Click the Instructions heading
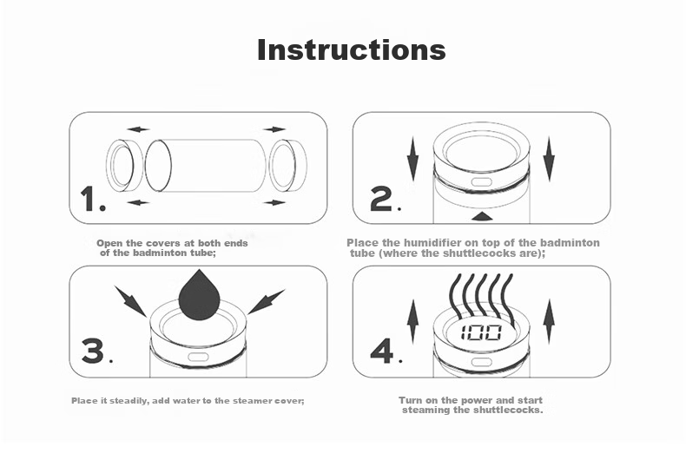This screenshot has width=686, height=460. (x=352, y=49)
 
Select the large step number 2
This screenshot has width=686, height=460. (x=381, y=199)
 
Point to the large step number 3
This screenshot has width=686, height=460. (x=93, y=351)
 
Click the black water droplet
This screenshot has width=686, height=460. (x=199, y=295)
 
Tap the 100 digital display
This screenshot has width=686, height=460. (x=481, y=332)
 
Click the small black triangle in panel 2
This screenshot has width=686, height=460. (x=483, y=216)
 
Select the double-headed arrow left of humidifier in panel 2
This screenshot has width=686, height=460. (x=412, y=159)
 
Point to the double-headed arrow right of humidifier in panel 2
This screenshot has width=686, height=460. (x=549, y=159)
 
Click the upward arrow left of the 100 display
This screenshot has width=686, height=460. (x=412, y=322)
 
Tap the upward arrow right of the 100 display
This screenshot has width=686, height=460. (x=549, y=322)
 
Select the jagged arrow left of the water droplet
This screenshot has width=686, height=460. (x=130, y=301)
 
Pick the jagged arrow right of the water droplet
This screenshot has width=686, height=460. (x=266, y=302)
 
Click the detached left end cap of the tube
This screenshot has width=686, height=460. (x=124, y=166)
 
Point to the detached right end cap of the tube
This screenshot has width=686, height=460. (x=288, y=166)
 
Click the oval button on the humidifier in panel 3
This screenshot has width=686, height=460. (x=198, y=358)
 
